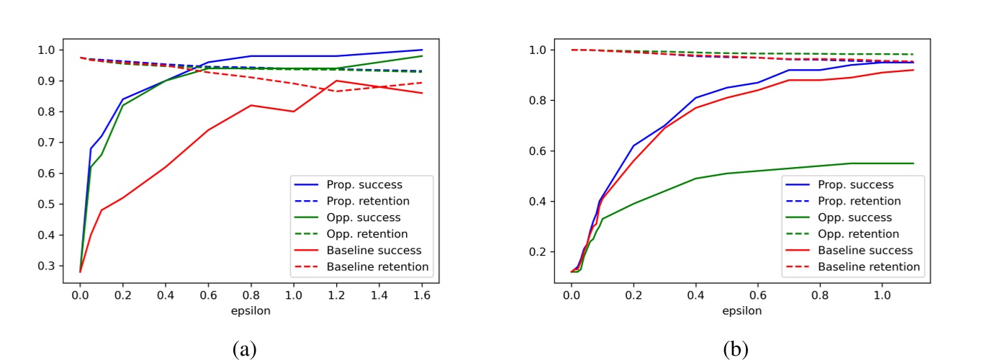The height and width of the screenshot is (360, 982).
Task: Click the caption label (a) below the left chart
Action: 244,349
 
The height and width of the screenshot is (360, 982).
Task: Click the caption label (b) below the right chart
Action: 736,349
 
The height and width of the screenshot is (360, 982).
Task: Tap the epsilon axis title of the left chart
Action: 251,312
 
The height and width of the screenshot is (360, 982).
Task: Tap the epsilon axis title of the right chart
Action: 742,312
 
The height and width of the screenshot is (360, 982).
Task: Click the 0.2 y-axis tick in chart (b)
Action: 541,252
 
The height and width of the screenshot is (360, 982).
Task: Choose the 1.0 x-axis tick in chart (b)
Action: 883,294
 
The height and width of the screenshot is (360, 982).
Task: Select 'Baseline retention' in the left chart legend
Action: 377,267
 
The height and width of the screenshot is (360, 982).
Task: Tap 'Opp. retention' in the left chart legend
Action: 367,234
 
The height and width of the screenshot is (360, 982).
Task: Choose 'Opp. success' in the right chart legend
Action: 854,217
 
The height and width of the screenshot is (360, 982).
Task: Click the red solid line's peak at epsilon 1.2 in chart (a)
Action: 336,81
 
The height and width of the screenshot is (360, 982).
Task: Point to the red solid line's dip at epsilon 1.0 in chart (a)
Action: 294,112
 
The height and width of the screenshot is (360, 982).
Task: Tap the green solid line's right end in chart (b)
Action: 914,163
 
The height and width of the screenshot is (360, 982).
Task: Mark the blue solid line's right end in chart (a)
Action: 421,50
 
